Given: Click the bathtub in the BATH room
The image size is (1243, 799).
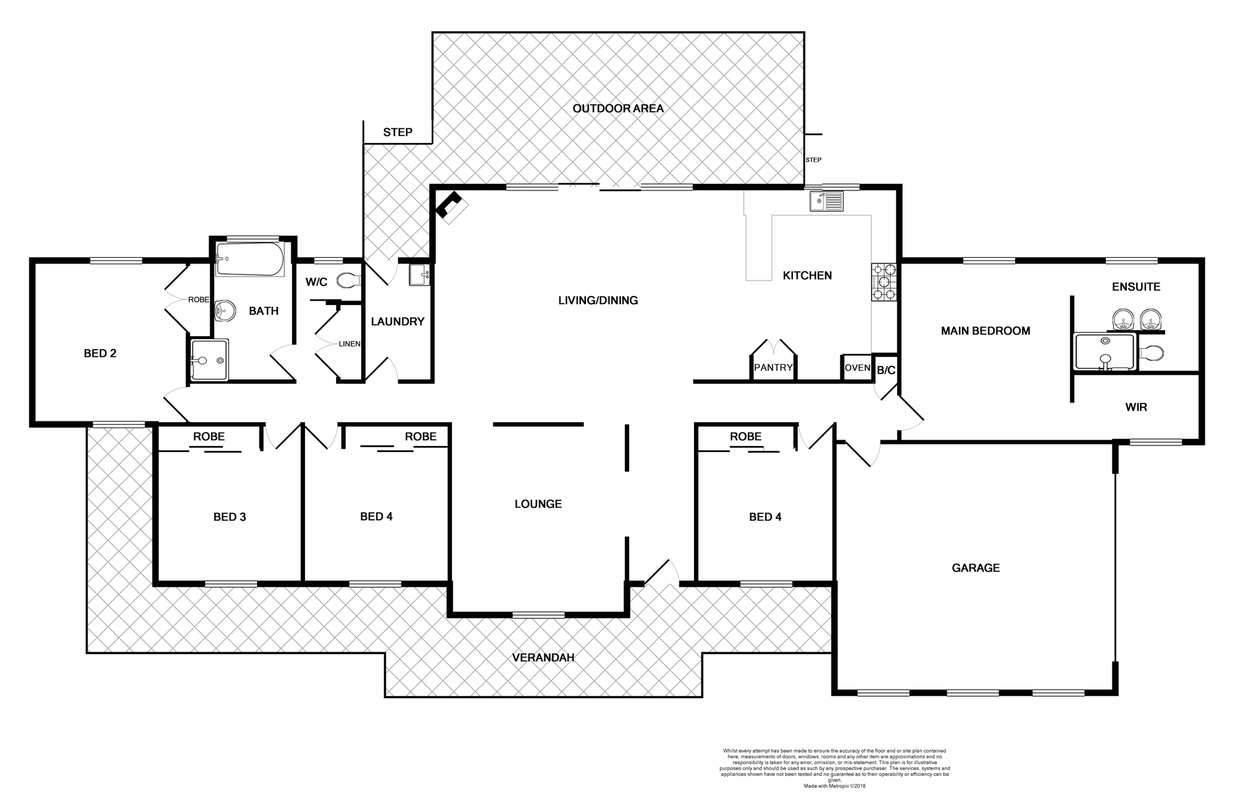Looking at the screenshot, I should point(249,259).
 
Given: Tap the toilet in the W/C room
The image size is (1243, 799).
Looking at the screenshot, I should point(348,280).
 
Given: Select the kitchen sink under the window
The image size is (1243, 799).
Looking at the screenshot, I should point(827,201).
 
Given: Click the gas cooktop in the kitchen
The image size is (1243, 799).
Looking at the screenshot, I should point(884,282).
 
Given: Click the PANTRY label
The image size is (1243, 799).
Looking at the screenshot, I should point(773,367).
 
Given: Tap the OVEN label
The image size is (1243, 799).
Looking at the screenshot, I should point(857,367).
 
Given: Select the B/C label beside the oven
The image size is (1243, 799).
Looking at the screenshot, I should point(886,370).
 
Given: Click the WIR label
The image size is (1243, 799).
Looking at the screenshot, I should point(1136,407).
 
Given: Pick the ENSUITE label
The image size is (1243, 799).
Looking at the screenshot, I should point(1136,286).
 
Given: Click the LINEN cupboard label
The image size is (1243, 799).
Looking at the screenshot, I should point(350,344).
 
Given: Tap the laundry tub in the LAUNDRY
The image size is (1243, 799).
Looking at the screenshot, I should point(419,275).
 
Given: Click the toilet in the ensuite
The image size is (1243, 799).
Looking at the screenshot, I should point(1152,353).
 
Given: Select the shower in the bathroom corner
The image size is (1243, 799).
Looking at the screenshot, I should point(208,360).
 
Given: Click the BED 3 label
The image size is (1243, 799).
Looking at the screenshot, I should point(229,517).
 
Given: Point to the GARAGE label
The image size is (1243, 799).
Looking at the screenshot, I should point(975,568).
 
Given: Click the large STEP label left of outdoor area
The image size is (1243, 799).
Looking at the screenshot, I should point(398,132).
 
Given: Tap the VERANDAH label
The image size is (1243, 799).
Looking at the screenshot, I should point(543,657).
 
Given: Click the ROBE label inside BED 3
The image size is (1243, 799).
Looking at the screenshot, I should point(208,436).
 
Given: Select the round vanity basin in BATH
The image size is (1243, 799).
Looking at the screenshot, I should point(223,311).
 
